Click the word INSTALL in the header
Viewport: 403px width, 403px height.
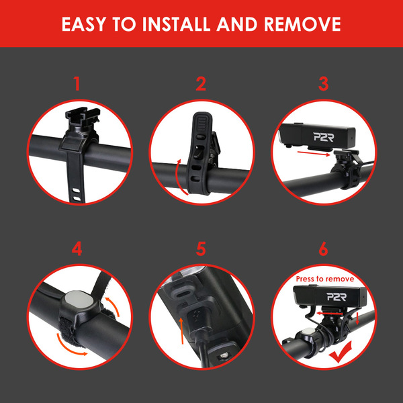(176, 24)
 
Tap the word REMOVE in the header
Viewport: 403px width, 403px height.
(302, 24)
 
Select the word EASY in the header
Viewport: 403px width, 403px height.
(83, 24)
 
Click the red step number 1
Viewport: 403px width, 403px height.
(77, 83)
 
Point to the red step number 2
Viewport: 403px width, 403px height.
(201, 83)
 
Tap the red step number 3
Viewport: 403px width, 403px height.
(323, 83)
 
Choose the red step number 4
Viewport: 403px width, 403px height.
(77, 249)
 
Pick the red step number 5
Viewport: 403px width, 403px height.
(201, 249)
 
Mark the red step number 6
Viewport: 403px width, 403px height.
(323, 249)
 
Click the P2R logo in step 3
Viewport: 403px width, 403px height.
(324, 137)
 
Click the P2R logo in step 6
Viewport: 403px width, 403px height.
(337, 297)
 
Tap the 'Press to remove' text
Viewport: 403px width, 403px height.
(325, 279)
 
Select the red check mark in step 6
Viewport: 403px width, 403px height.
(340, 353)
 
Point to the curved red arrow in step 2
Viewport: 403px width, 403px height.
(176, 177)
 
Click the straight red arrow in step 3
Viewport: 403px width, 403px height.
(314, 153)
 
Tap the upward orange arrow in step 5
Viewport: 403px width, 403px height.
(182, 330)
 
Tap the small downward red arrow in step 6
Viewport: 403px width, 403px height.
(357, 318)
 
